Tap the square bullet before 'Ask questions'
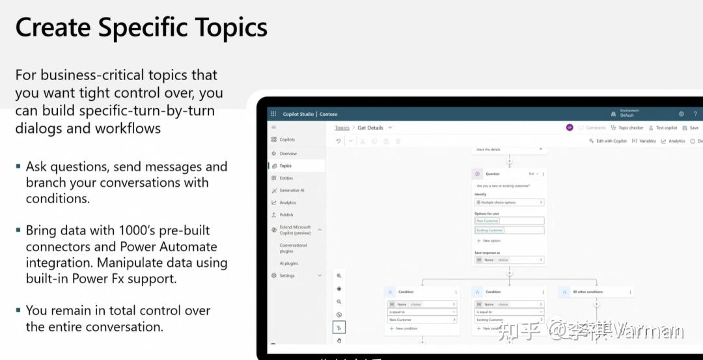pyautogui.click(x=18, y=166)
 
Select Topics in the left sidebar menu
pyautogui.click(x=285, y=166)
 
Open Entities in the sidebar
pyautogui.click(x=286, y=178)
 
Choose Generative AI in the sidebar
pyautogui.click(x=292, y=190)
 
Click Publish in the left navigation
pyautogui.click(x=286, y=215)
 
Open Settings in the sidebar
pyautogui.click(x=287, y=275)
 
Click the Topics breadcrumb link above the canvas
pyautogui.click(x=342, y=128)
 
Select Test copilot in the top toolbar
pyautogui.click(x=666, y=128)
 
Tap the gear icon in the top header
pyautogui.click(x=682, y=114)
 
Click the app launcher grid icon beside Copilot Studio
pyautogui.click(x=273, y=114)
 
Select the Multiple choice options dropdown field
pyautogui.click(x=509, y=202)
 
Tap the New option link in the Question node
pyautogui.click(x=491, y=241)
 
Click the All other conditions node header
pyautogui.click(x=587, y=292)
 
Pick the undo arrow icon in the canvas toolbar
pyautogui.click(x=338, y=141)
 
